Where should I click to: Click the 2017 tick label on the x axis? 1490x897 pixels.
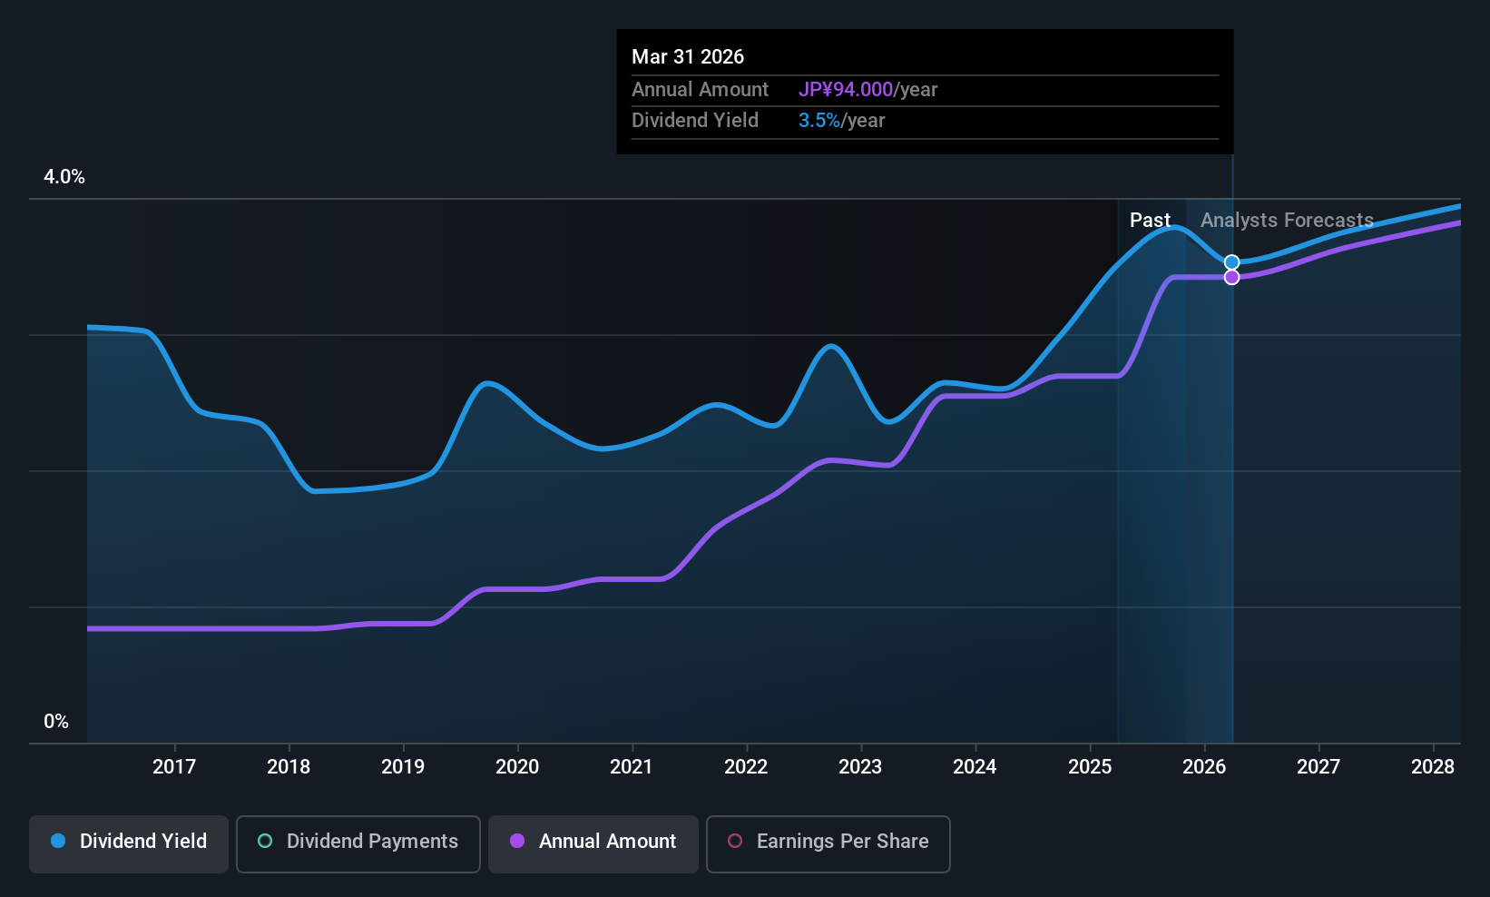tap(174, 766)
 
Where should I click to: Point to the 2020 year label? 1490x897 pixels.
tap(517, 766)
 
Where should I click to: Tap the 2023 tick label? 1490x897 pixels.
tap(860, 766)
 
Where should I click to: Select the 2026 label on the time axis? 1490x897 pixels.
tap(1204, 766)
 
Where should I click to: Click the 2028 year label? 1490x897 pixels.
tap(1433, 766)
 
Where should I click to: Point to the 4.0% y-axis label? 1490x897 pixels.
tap(64, 177)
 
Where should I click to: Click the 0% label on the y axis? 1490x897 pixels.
tap(56, 722)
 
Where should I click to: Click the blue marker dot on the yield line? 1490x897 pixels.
tap(1231, 262)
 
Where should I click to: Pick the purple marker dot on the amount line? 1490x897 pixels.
tap(1231, 277)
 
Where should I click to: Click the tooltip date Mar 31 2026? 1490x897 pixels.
tap(688, 57)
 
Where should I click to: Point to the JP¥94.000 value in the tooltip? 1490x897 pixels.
tap(846, 90)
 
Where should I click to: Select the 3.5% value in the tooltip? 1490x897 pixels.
tap(819, 121)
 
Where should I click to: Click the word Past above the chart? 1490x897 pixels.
tap(1150, 221)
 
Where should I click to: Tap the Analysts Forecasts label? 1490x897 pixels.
tap(1287, 221)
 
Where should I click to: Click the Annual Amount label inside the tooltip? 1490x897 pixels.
tap(700, 90)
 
